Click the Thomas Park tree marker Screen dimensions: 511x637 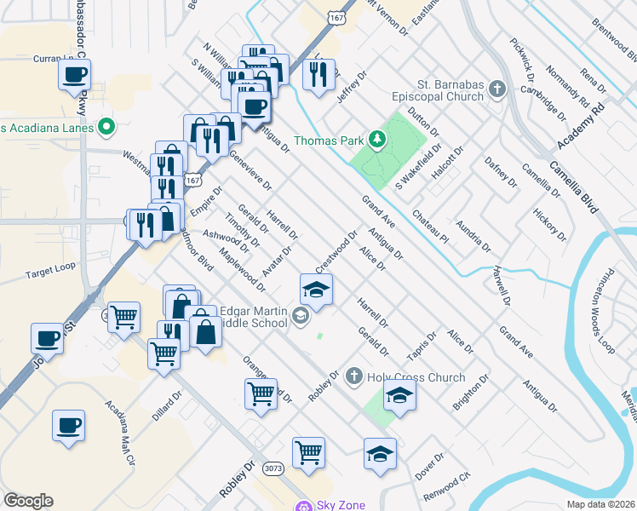376,139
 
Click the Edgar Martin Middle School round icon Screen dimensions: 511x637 300,317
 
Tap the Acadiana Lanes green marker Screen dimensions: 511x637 106,128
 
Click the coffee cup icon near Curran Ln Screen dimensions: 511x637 74,74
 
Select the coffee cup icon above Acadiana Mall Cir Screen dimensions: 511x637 68,423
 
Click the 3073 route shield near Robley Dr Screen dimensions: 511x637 273,468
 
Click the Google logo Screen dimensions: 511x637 28,501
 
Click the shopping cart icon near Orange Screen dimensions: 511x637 260,393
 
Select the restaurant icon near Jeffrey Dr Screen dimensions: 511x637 318,74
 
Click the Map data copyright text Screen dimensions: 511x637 601,504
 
